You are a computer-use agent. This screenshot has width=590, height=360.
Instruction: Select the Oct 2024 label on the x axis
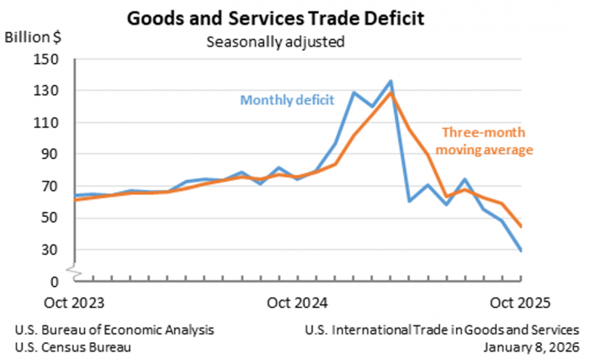coord(298,300)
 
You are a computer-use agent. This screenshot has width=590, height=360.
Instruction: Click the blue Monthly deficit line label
coord(288,100)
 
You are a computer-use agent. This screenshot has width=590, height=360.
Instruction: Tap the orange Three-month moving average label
coord(487,141)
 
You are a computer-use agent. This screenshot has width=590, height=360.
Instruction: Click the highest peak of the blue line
coord(391,82)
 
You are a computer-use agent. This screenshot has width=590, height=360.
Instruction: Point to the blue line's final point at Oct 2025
coord(520,251)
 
